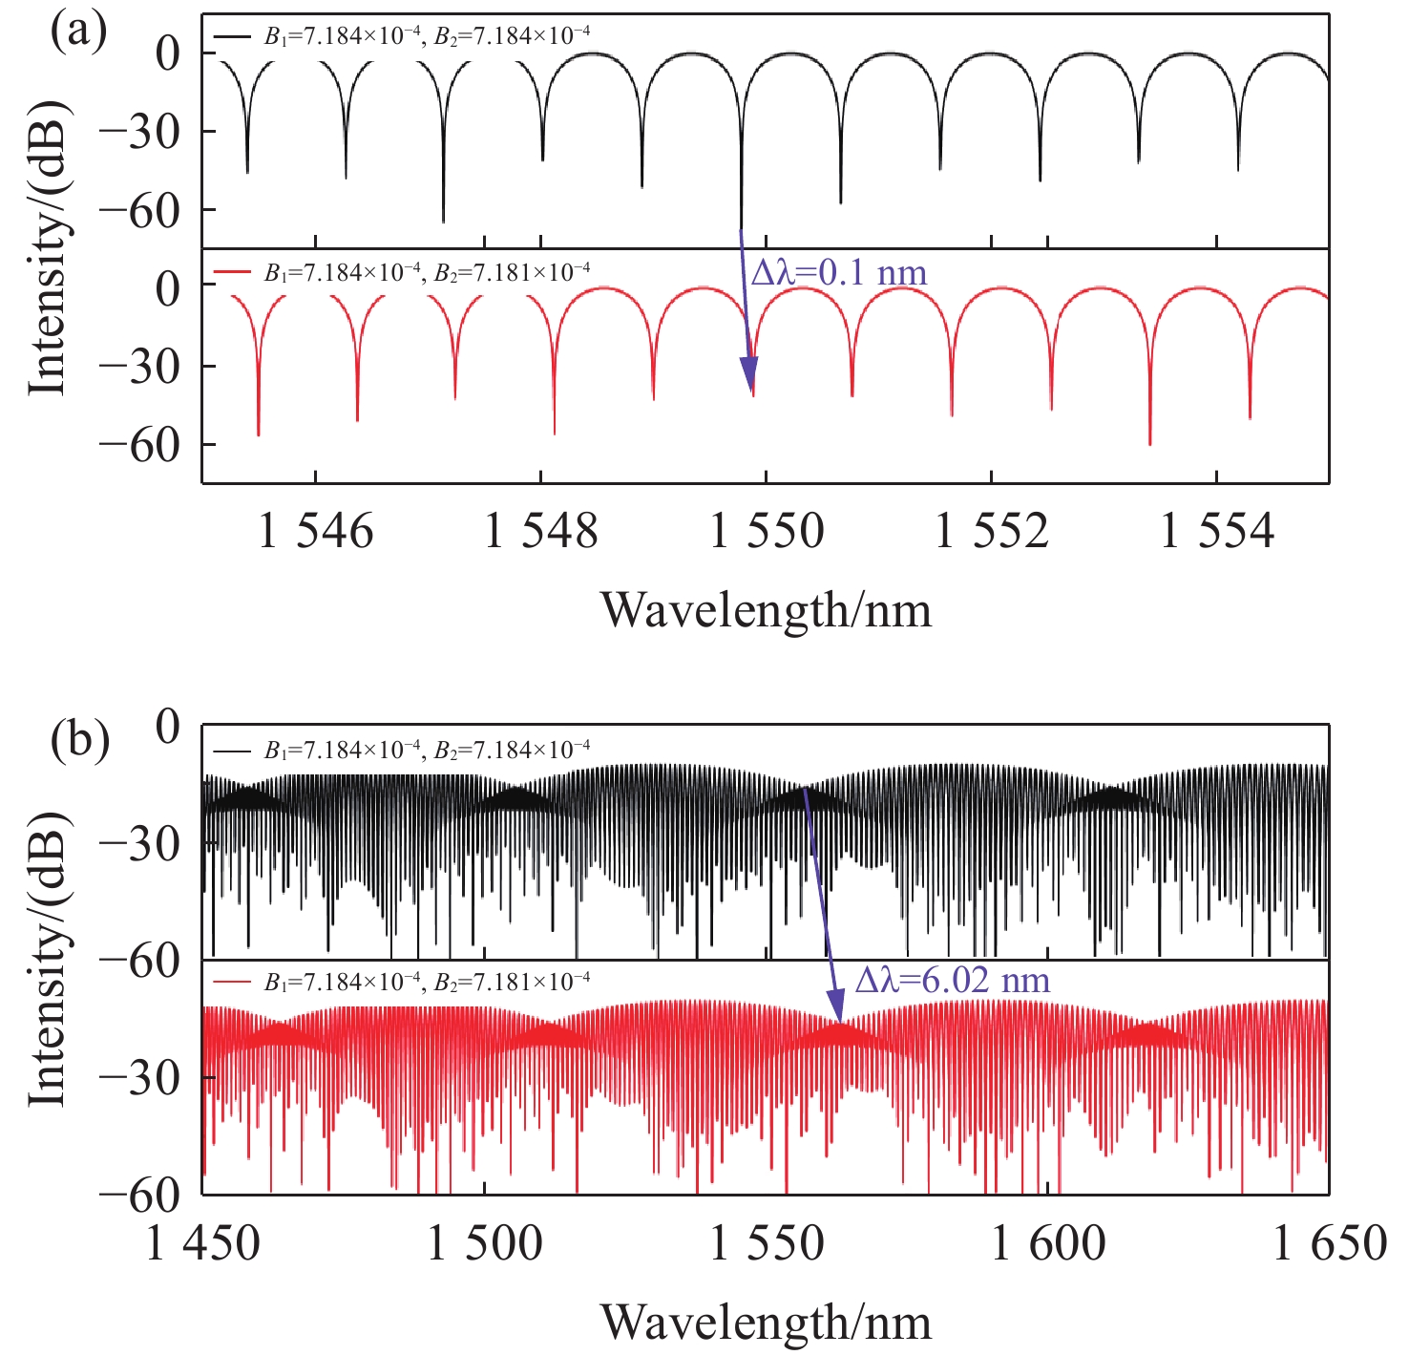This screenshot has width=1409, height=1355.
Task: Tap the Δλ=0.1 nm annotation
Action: click(839, 273)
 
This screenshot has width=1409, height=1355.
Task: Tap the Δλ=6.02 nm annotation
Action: click(952, 980)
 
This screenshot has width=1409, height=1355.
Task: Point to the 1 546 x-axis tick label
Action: click(316, 531)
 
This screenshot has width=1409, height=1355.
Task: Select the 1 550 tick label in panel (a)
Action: click(767, 531)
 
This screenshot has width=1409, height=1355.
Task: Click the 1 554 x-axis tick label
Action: click(1217, 531)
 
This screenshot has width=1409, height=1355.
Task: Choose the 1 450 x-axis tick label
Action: click(202, 1243)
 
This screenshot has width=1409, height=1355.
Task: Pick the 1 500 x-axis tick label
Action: click(484, 1243)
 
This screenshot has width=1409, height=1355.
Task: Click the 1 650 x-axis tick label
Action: click(1329, 1243)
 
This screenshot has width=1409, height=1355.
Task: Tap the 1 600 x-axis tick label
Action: click(1048, 1243)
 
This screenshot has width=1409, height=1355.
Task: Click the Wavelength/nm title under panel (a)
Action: click(766, 609)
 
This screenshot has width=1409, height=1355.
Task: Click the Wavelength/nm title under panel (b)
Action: click(766, 1322)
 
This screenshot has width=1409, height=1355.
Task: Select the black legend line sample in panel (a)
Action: click(232, 35)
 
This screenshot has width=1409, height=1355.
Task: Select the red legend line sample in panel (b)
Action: click(232, 981)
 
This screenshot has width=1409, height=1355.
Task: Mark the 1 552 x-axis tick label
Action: click(992, 531)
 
